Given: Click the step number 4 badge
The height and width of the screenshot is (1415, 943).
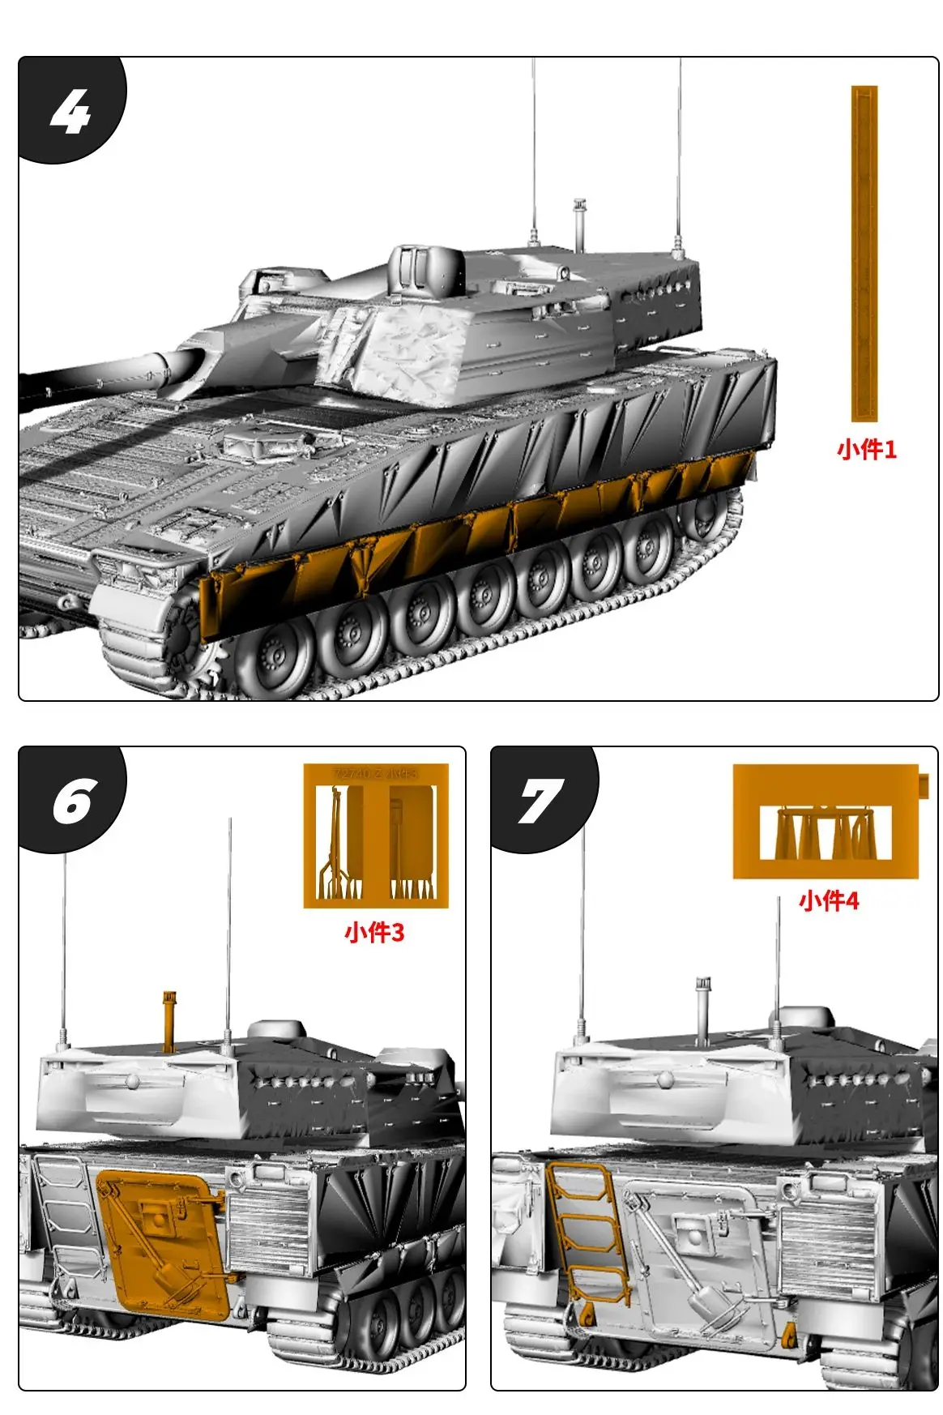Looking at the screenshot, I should (70, 111).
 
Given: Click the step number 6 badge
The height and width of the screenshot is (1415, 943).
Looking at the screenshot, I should (73, 802).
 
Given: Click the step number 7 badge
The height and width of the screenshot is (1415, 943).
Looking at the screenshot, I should (541, 802).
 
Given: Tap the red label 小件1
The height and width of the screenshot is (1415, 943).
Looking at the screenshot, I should (866, 449).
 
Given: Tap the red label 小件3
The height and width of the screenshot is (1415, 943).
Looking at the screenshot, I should (373, 932).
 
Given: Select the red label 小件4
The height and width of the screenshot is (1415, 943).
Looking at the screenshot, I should (828, 900).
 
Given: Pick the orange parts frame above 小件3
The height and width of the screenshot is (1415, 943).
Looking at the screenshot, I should (376, 836).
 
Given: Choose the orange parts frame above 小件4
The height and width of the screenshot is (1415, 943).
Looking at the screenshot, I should (825, 822).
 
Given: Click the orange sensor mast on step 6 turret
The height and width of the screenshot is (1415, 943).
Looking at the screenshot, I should (169, 1021).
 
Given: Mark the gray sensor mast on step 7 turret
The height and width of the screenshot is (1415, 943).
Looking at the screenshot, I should (702, 1009).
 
